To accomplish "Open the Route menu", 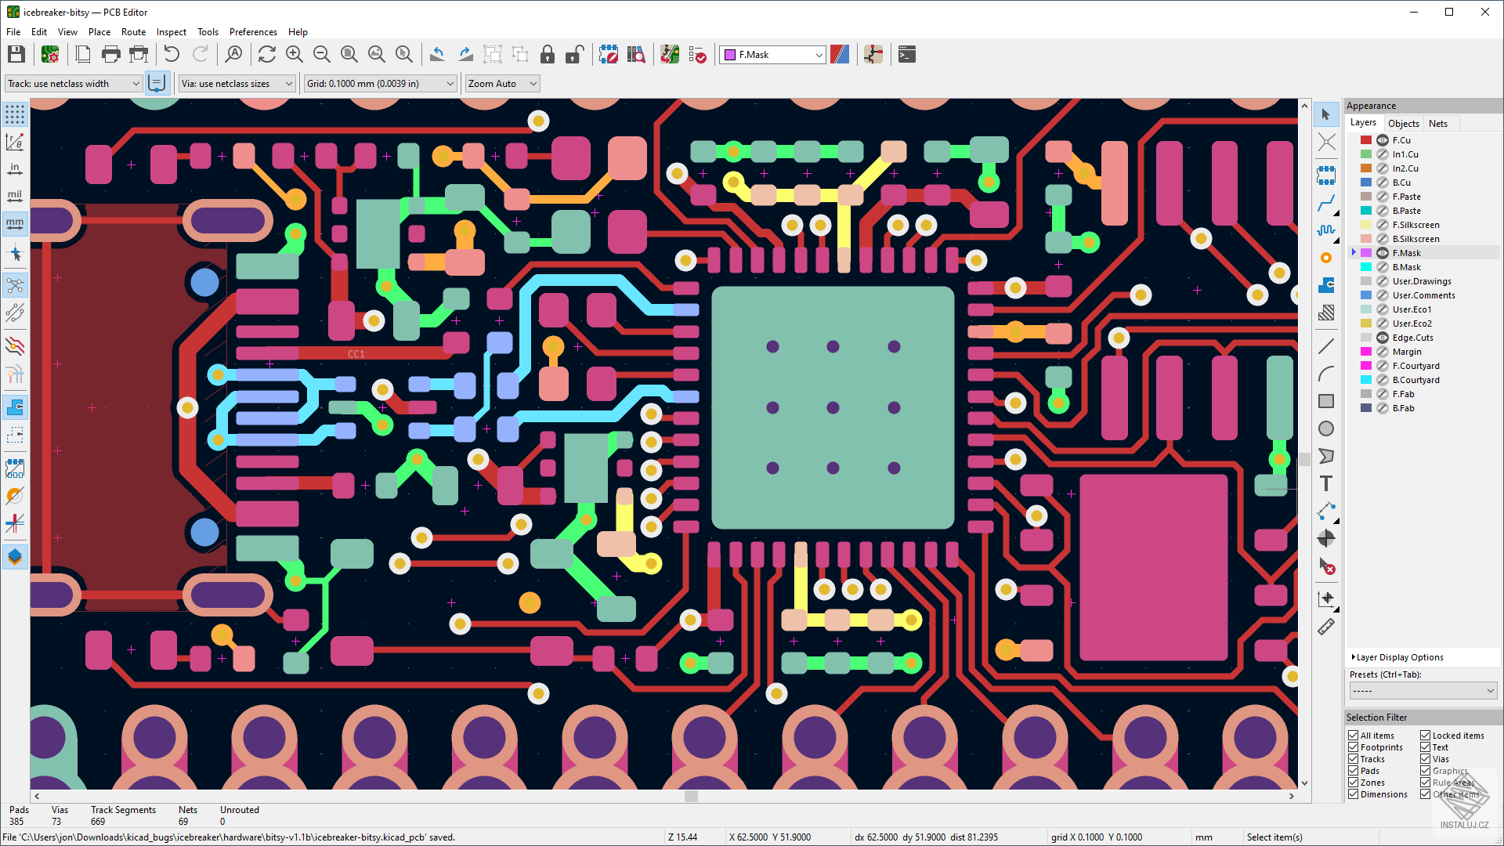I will pyautogui.click(x=133, y=32).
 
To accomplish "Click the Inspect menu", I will pyautogui.click(x=171, y=32).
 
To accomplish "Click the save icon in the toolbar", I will pyautogui.click(x=16, y=54).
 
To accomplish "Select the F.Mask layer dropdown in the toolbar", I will pyautogui.click(x=772, y=55).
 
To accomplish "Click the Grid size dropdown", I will pyautogui.click(x=380, y=84).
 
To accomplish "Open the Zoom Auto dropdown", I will pyautogui.click(x=501, y=84).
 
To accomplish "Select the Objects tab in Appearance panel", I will pyautogui.click(x=1403, y=124).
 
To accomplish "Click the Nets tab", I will pyautogui.click(x=1437, y=124).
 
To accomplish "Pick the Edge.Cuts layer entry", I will pyautogui.click(x=1412, y=338).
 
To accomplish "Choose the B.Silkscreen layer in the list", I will pyautogui.click(x=1415, y=239).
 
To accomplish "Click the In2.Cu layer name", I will pyautogui.click(x=1405, y=168).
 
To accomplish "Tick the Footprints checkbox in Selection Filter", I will pyautogui.click(x=1353, y=747).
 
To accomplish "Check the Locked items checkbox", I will pyautogui.click(x=1425, y=736).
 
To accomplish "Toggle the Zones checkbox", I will pyautogui.click(x=1353, y=783).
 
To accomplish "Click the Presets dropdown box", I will pyautogui.click(x=1423, y=691).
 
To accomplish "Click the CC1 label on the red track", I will pyautogui.click(x=356, y=354).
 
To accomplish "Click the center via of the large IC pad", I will pyautogui.click(x=833, y=407).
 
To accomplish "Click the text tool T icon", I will pyautogui.click(x=1325, y=483).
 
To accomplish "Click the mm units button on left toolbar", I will pyautogui.click(x=15, y=224).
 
